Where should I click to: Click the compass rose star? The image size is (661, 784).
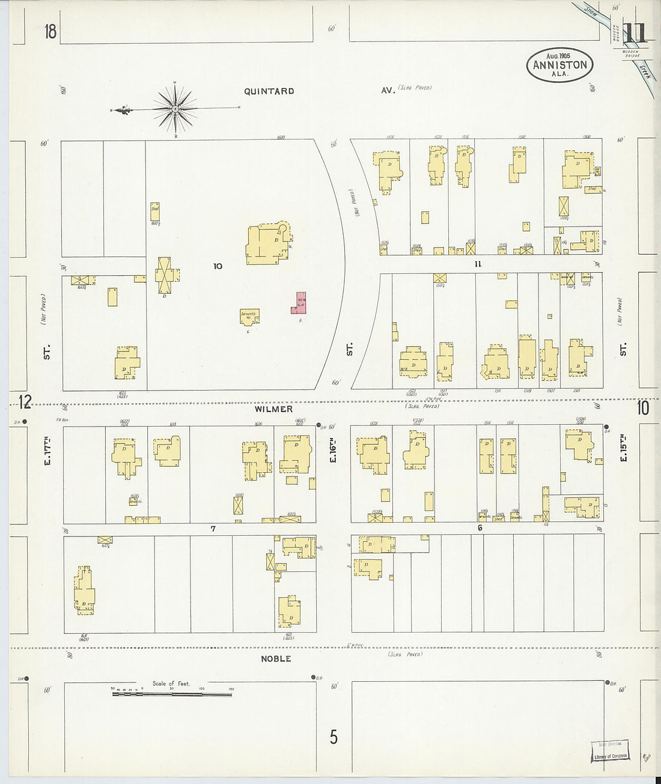tap(175, 109)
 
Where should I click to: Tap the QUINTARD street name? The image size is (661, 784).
tap(269, 91)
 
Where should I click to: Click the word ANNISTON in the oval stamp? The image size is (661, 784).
tap(559, 65)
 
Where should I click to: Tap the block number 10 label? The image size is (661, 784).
tap(218, 266)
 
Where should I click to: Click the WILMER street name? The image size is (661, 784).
tap(273, 409)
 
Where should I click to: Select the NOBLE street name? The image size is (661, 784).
tap(276, 658)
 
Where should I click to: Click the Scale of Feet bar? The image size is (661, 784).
tap(172, 694)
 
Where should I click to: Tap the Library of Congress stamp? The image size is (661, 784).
tap(610, 752)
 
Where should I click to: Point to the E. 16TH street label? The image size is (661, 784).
tap(332, 449)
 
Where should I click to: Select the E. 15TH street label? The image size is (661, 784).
tap(623, 450)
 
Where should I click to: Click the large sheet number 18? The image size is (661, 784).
tap(50, 31)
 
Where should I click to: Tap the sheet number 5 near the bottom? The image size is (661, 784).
tap(333, 737)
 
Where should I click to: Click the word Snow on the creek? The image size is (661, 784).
tap(590, 13)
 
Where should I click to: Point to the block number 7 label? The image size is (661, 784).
tap(213, 529)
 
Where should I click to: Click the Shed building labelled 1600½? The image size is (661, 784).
tap(154, 211)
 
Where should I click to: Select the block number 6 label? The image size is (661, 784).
tap(480, 528)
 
